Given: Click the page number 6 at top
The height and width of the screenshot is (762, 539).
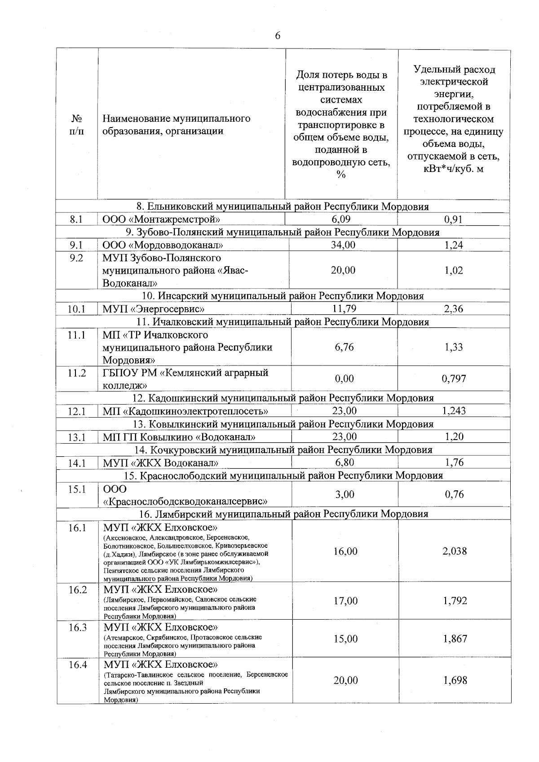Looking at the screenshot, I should [x=277, y=36].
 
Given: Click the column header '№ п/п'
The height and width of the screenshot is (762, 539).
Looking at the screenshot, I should [x=76, y=125].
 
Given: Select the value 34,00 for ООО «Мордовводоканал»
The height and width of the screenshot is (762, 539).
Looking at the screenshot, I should [x=343, y=245].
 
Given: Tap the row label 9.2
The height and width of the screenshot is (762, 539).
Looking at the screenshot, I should [x=76, y=258].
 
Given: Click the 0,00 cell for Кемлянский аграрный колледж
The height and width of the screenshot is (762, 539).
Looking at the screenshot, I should [x=344, y=379].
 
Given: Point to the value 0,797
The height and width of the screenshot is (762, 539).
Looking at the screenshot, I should [x=454, y=379].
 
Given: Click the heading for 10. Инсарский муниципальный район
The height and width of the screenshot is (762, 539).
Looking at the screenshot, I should [x=283, y=296].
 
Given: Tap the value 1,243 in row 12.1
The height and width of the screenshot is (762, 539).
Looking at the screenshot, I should [x=454, y=411].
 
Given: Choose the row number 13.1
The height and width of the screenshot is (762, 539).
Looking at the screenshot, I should [x=76, y=437].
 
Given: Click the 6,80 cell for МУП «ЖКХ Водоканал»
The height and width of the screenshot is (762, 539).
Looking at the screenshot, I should [x=344, y=462].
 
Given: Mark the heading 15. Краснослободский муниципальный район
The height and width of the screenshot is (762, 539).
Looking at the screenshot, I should [x=283, y=475].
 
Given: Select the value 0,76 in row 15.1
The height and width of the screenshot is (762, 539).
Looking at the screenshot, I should [x=454, y=494].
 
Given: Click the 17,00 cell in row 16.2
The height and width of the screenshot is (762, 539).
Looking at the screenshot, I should [x=345, y=601].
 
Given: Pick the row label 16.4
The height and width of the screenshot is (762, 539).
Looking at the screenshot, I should [x=77, y=665].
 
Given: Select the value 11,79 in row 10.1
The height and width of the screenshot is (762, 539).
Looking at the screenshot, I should [x=344, y=309].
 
